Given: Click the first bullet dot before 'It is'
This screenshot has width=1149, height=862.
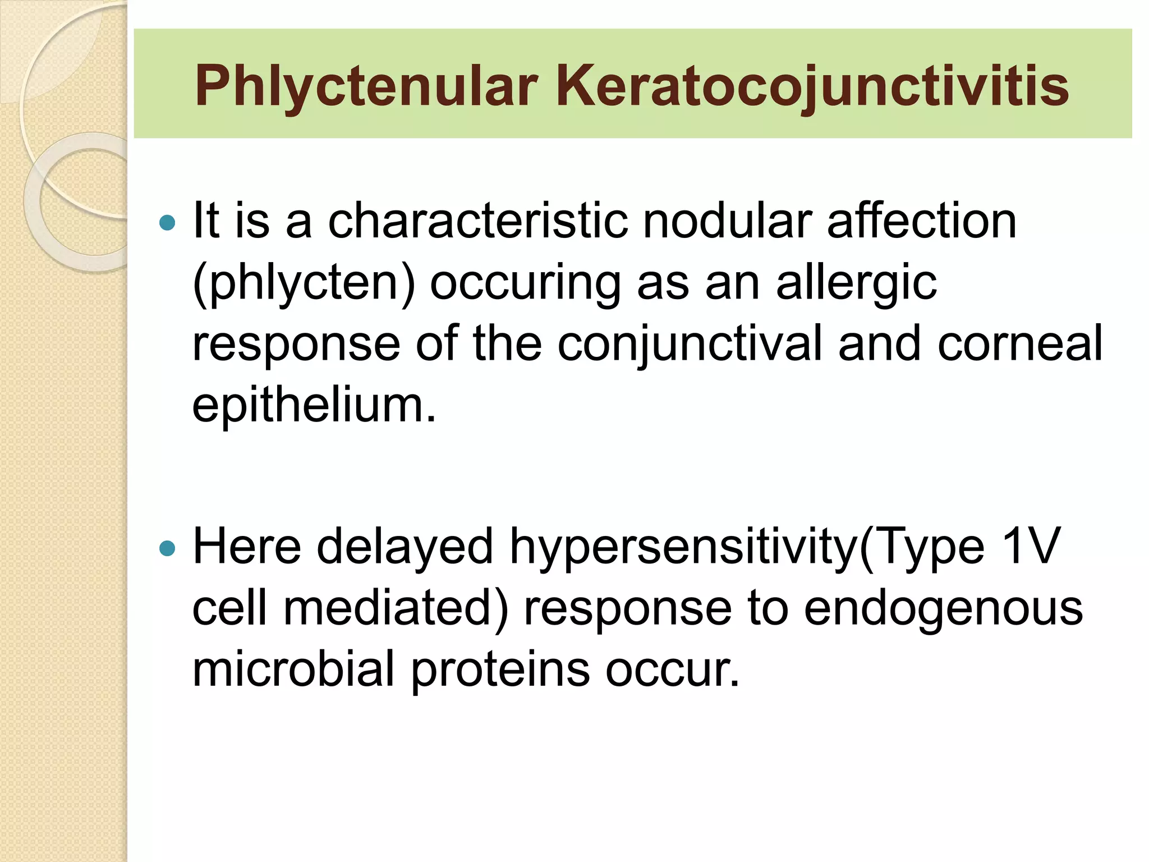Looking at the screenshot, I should click(167, 223).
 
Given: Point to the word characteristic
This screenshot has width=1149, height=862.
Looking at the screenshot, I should click(477, 221).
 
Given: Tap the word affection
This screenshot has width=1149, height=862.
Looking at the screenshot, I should click(921, 221).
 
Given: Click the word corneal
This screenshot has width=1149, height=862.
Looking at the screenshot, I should click(1020, 343).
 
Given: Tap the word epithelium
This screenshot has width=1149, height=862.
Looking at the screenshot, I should click(314, 405).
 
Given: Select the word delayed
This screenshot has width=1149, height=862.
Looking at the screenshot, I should click(405, 548).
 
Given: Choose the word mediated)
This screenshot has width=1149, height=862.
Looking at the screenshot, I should click(396, 608).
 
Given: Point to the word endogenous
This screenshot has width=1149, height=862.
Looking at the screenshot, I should click(943, 608).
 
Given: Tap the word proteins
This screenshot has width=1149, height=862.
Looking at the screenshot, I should click(500, 670).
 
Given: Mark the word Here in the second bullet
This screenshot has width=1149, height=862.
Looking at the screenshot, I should click(246, 547).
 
